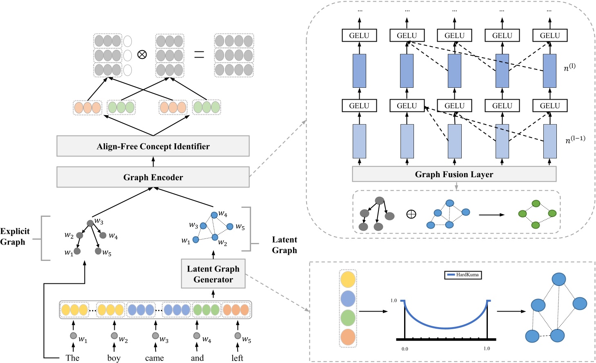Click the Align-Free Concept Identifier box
click(153, 146)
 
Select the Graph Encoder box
click(153, 177)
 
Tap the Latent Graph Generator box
click(213, 274)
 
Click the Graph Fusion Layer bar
click(454, 174)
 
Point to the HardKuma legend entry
click(463, 275)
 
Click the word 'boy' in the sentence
click(114, 358)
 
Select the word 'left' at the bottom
click(237, 358)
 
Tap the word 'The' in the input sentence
click(73, 358)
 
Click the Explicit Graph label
click(15, 236)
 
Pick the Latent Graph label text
click(285, 245)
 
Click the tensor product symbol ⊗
click(142, 54)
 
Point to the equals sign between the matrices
click(199, 54)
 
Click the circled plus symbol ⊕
click(411, 214)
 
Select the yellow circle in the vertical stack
click(348, 280)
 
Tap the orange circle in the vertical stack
click(348, 337)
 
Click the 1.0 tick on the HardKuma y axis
click(394, 301)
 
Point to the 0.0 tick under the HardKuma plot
click(405, 349)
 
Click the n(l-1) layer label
click(575, 140)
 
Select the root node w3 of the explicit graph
click(90, 223)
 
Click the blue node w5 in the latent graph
click(230, 227)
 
